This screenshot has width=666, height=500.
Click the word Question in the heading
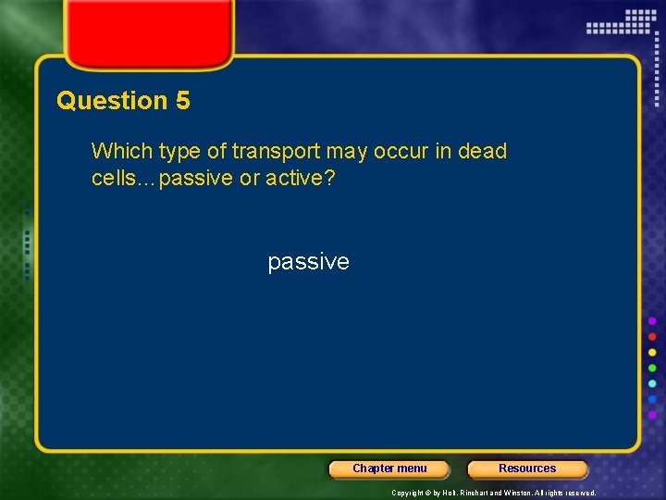coord(112,101)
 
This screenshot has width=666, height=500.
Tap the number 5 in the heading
coord(182,101)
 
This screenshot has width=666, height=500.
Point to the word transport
coord(275,151)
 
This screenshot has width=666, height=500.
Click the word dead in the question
coord(482,151)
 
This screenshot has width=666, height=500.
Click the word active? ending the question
coord(301,177)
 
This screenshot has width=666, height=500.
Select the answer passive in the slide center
coord(308,262)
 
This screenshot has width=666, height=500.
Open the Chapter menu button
coord(389,469)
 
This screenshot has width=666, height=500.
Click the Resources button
coord(527,469)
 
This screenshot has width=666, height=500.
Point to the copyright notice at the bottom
coord(493,494)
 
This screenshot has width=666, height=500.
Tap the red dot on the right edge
coord(652,336)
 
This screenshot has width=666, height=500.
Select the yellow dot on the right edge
coord(652,352)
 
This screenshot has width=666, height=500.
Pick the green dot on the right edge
coord(652,368)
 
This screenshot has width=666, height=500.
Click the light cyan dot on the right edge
coord(652,383)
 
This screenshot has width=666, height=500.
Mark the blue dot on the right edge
coord(652,400)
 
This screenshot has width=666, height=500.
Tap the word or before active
coord(250,177)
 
